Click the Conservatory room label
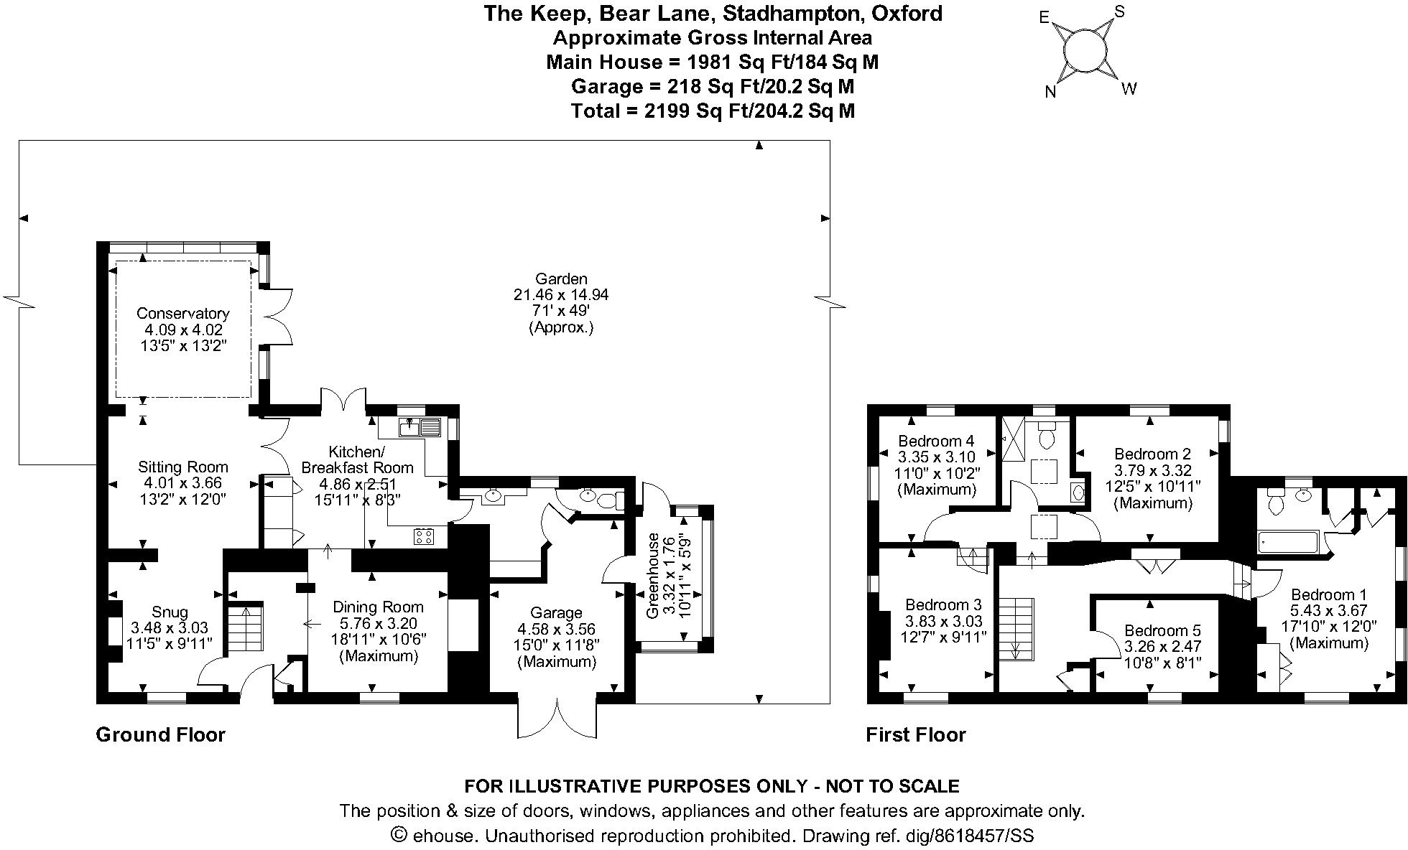click(x=182, y=314)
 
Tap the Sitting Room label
click(x=182, y=467)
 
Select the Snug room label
click(x=170, y=612)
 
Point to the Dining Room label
click(x=378, y=607)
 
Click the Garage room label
click(x=556, y=613)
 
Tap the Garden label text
click(x=561, y=279)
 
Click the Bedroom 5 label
click(x=1162, y=630)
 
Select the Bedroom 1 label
click(x=1328, y=594)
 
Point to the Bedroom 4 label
click(x=936, y=441)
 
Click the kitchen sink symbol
click(x=419, y=428)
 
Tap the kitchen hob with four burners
click(x=422, y=536)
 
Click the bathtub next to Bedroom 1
click(x=1288, y=542)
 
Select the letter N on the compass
click(x=1050, y=92)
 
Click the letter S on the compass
click(x=1119, y=12)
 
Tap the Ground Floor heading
click(x=160, y=734)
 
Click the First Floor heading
click(x=915, y=734)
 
